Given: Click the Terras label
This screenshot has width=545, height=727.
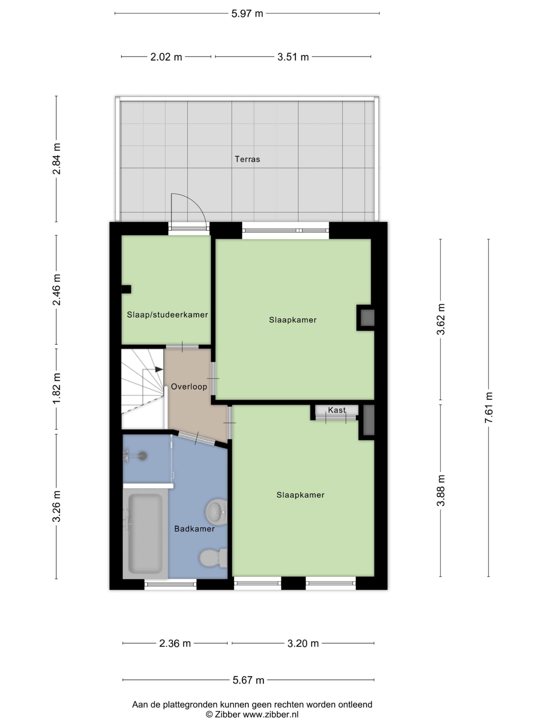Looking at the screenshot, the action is (x=247, y=159).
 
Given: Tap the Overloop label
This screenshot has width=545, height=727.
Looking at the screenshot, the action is (x=189, y=387).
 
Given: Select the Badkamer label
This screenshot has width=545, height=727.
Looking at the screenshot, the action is (x=194, y=529).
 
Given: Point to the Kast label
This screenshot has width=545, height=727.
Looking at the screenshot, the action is (x=337, y=410).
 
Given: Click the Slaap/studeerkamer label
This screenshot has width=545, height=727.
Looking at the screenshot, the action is (x=167, y=315).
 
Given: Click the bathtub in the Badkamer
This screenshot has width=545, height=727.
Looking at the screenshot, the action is (x=145, y=533).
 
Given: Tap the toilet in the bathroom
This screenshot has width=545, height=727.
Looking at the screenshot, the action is (x=213, y=558).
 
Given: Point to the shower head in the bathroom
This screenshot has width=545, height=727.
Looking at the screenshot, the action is (x=142, y=456).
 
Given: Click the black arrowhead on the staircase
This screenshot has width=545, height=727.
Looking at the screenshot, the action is (x=159, y=369).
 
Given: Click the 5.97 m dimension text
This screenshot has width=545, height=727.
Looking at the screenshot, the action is (x=247, y=13).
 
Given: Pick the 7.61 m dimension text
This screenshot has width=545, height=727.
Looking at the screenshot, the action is (x=489, y=408).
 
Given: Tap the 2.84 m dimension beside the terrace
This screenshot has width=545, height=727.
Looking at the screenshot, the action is (x=56, y=159).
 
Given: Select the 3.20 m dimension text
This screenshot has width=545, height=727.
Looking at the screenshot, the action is (x=303, y=644).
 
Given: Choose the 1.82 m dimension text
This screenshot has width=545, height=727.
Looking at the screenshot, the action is (x=56, y=388).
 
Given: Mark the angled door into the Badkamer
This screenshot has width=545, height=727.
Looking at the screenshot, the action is (x=196, y=438).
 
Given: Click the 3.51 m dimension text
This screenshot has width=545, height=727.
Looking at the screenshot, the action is (x=293, y=57).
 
